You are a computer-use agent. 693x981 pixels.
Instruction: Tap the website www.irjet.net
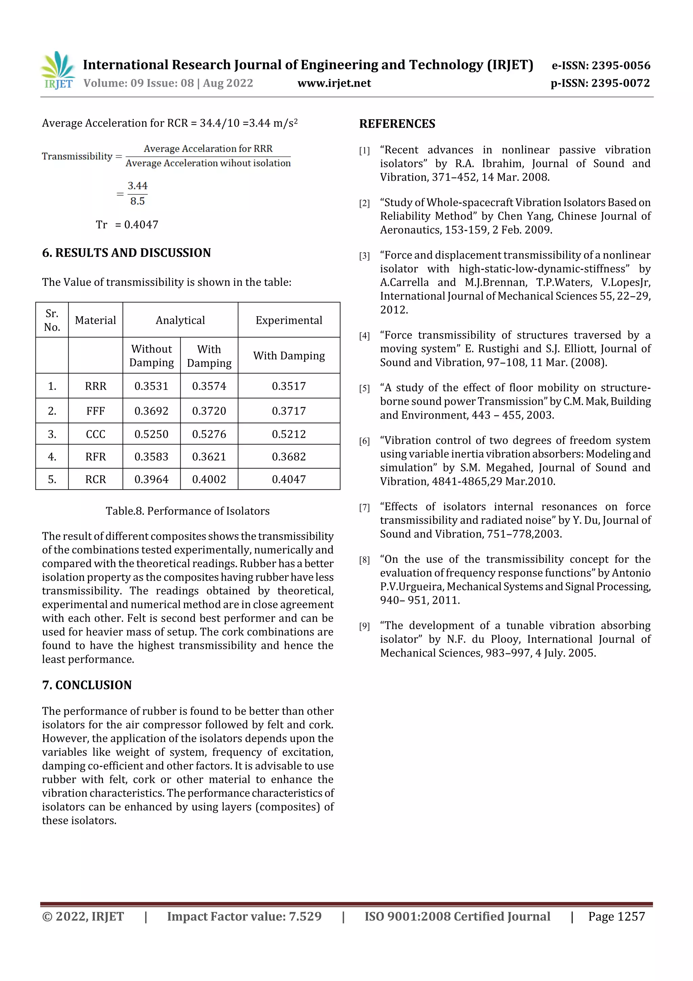click(334, 83)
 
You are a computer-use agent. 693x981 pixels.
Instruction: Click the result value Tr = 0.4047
click(127, 225)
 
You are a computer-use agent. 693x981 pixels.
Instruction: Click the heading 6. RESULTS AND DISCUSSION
click(127, 253)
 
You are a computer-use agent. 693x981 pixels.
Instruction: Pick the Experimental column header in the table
click(289, 320)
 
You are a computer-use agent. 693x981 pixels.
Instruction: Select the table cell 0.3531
click(151, 386)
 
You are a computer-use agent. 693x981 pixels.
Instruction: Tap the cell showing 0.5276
click(209, 434)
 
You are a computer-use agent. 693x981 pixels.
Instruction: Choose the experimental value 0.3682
click(289, 457)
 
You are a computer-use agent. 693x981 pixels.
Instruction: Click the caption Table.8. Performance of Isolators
click(187, 511)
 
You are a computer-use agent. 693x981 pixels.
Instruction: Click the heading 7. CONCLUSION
click(87, 685)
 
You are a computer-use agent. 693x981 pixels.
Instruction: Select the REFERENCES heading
click(397, 124)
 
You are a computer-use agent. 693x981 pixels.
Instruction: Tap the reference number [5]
click(364, 388)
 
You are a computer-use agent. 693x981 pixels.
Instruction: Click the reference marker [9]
click(364, 626)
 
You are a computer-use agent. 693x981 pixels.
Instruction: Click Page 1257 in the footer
click(616, 916)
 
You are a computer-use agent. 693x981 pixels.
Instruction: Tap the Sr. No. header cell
click(52, 320)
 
